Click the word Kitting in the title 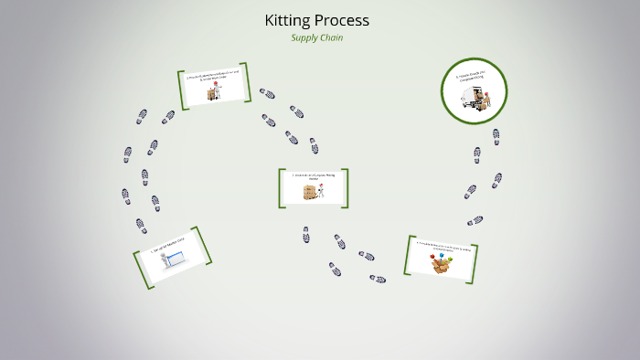pos(286,19)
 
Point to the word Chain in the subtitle pos(332,37)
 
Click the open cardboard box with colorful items pos(443,265)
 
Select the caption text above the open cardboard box pos(443,246)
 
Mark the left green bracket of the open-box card pos(408,255)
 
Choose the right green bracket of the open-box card pos(477,260)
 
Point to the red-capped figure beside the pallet pos(322,187)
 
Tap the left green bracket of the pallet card pos(282,188)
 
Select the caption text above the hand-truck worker pos(215,78)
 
